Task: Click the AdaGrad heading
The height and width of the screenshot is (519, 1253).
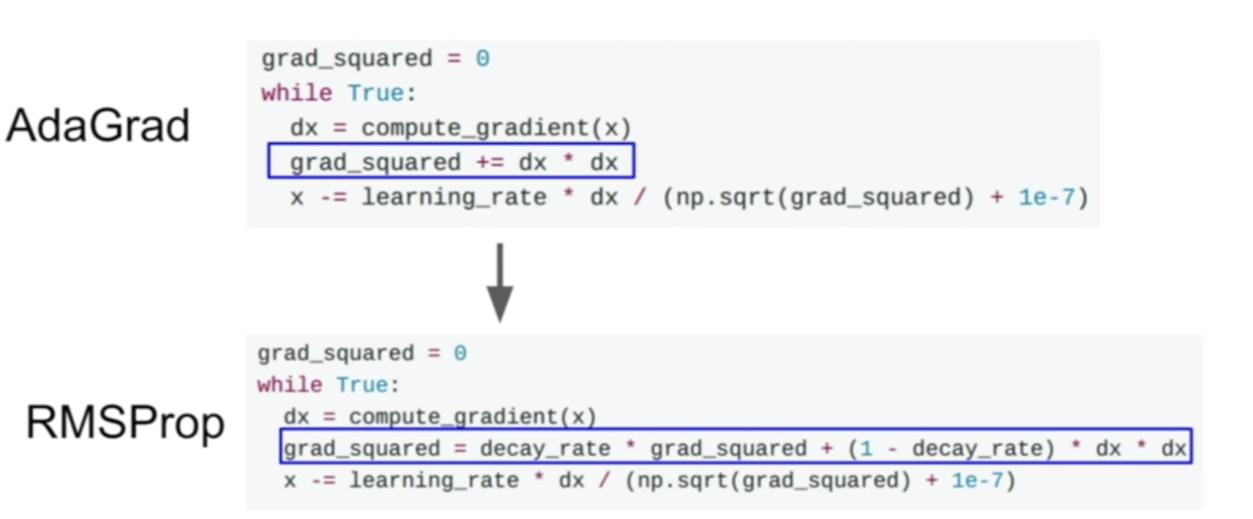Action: point(98,125)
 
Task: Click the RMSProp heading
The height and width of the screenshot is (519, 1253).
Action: point(124,423)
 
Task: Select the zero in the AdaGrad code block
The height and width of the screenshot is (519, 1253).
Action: point(482,58)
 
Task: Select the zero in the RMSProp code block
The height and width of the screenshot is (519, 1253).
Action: point(460,354)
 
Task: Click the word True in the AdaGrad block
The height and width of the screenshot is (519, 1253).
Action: point(375,93)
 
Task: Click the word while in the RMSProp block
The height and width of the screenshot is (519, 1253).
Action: point(289,385)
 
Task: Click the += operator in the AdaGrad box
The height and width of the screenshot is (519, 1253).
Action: point(490,162)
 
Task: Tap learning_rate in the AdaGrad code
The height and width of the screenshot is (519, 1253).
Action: point(454,197)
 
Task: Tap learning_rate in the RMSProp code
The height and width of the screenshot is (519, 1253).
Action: point(433,480)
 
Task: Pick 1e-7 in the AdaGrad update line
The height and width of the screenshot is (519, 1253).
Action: point(1047,197)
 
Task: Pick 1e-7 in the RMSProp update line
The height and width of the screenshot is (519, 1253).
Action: point(976,480)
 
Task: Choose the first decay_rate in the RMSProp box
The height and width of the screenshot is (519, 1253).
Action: point(545,448)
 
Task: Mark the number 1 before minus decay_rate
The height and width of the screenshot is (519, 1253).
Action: point(867,448)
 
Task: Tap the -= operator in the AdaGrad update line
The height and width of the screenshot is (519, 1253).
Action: point(333,197)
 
